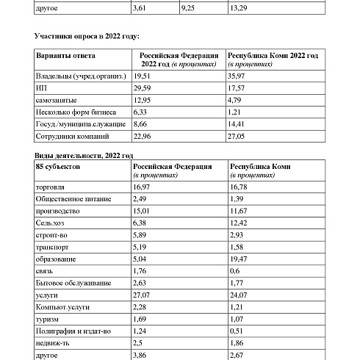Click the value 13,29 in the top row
(x=238, y=9)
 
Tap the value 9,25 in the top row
(x=190, y=9)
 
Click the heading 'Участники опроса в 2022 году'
(x=87, y=36)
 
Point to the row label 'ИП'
(x=40, y=87)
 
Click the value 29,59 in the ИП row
(x=143, y=87)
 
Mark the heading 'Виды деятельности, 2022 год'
(x=84, y=156)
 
